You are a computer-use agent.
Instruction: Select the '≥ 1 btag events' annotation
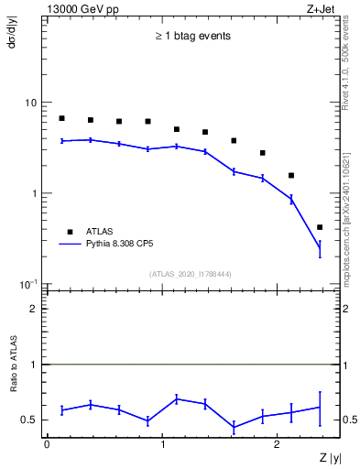tap(191, 37)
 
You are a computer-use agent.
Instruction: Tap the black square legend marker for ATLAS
tap(66, 231)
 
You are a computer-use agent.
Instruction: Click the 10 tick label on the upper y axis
tap(30, 103)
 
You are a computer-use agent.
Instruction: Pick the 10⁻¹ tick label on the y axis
tap(29, 284)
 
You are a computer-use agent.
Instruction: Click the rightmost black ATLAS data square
tap(320, 227)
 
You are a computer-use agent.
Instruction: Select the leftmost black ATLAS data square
tap(61, 118)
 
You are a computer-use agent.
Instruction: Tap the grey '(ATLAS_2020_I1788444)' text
tap(191, 274)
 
